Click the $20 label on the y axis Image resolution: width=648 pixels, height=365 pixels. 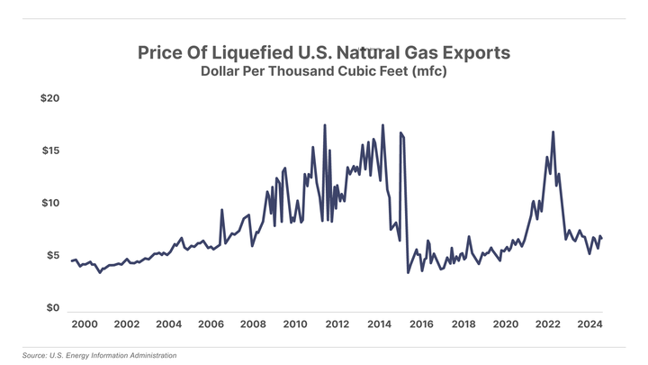pos(49,97)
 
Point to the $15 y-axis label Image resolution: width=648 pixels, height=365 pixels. pos(49,151)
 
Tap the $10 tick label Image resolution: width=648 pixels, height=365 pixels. pos(49,203)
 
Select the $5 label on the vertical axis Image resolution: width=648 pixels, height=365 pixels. pos(52,256)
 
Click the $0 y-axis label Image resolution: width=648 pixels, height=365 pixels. pos(52,308)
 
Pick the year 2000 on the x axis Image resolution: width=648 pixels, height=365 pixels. pos(84,324)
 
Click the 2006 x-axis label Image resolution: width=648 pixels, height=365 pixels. pos(211,324)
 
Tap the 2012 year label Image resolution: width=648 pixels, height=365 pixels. pos(337,324)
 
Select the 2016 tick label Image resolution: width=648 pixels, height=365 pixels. pos(421,324)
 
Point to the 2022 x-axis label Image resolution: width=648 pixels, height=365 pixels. pos(547,324)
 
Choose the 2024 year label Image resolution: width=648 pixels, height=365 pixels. pos(589,324)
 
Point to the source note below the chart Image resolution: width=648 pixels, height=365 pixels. pos(100,355)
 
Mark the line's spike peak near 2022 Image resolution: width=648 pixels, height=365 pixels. pos(553,132)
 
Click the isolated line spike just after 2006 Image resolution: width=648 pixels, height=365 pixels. pos(222,210)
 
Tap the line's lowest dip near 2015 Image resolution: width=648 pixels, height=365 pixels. pos(408,272)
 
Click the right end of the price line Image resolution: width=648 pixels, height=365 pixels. pos(601,238)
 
